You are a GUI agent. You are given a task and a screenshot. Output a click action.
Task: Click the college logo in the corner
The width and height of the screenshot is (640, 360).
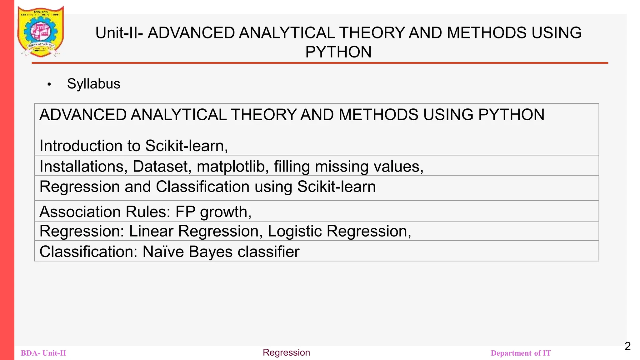41,31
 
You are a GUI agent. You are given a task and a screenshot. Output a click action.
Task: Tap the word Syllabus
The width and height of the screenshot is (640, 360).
93,84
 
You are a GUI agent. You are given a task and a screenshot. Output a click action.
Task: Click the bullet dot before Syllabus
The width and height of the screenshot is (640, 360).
49,84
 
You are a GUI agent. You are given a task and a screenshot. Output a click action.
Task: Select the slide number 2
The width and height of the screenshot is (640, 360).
627,346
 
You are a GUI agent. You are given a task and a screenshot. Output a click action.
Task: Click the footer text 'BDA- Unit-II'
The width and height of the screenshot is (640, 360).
43,353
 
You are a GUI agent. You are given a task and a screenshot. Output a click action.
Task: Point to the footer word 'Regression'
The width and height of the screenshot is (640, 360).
286,352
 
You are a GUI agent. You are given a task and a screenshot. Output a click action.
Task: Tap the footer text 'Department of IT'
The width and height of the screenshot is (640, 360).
521,353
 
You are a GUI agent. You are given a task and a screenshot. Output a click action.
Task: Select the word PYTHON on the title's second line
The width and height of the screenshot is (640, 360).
338,52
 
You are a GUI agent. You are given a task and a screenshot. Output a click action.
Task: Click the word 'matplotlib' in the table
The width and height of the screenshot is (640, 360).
231,166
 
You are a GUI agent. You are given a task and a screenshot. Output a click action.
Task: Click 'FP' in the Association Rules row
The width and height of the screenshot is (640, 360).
185,212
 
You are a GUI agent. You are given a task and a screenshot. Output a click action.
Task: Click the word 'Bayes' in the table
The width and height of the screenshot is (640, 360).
211,252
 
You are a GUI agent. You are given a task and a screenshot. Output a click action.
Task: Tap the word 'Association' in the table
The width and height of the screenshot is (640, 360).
80,212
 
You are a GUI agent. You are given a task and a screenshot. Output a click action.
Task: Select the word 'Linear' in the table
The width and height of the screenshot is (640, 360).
151,231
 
